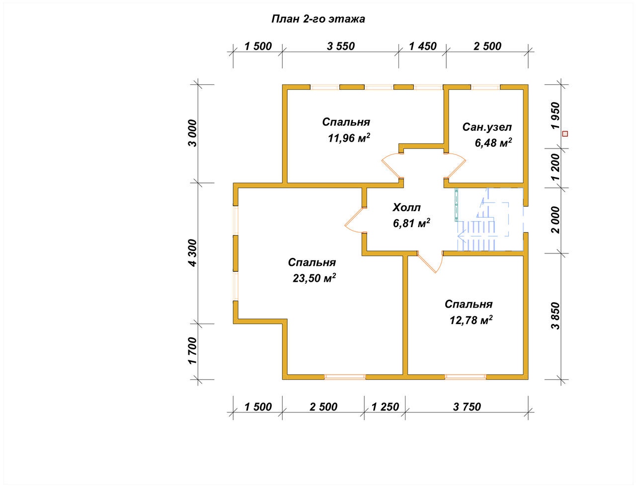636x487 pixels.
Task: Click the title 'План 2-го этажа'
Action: click(x=318, y=19)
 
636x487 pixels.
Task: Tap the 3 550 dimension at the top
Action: click(x=341, y=46)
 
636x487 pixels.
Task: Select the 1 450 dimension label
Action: click(x=423, y=46)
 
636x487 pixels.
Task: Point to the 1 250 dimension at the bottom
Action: click(x=385, y=407)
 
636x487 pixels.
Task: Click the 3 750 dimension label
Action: click(x=467, y=407)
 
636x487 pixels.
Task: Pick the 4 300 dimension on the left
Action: click(x=193, y=253)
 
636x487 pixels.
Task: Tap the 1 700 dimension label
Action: click(x=193, y=351)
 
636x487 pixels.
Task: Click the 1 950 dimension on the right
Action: click(x=555, y=116)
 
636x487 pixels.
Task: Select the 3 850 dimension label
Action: click(x=555, y=316)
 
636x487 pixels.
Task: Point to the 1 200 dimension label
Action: click(x=555, y=167)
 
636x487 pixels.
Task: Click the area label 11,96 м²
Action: click(x=349, y=138)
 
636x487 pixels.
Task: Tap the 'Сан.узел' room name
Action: click(x=487, y=127)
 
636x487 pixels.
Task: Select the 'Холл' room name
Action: click(x=406, y=208)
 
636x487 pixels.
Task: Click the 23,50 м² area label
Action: click(x=314, y=278)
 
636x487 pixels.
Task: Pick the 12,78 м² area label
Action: click(x=471, y=320)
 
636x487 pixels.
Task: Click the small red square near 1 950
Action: click(x=565, y=134)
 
